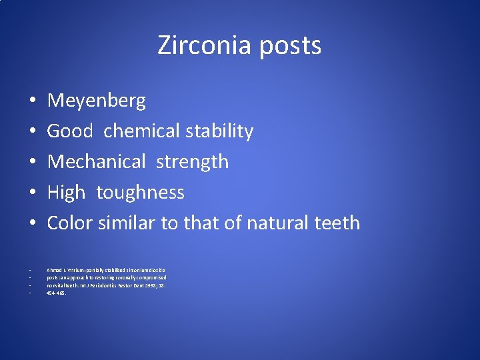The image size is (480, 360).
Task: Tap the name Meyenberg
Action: click(x=96, y=101)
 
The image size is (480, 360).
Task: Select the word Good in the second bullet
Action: click(x=69, y=131)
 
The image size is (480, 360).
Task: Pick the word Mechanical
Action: click(x=96, y=162)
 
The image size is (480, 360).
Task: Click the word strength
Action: click(x=192, y=162)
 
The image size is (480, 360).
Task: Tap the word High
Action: click(x=66, y=193)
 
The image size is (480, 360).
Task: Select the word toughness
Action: click(x=140, y=193)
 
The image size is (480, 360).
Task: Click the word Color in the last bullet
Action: click(x=70, y=223)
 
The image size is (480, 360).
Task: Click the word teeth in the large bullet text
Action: click(x=337, y=223)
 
